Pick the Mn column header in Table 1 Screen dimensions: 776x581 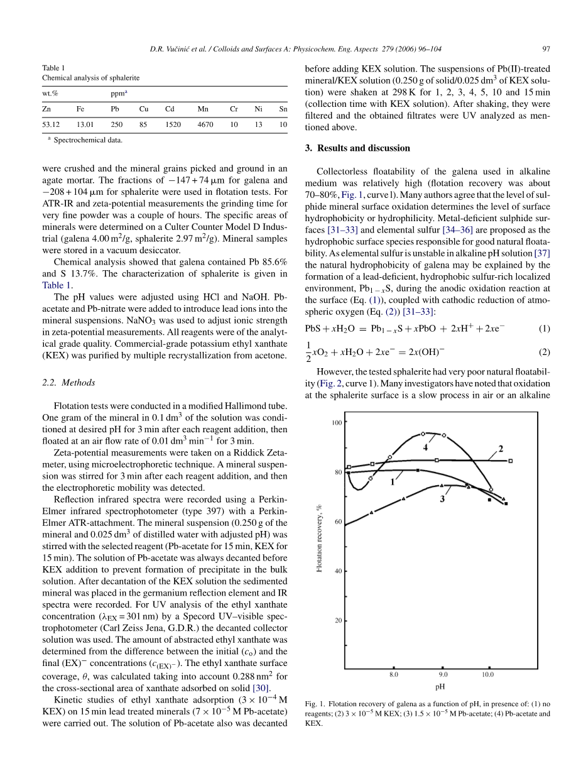(x=203, y=109)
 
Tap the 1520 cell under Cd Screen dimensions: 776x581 (x=173, y=124)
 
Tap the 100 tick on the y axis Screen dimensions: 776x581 (x=337, y=423)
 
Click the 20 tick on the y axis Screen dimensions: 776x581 (x=338, y=621)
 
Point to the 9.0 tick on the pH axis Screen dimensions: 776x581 (x=443, y=675)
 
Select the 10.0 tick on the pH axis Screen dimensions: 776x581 (x=488, y=675)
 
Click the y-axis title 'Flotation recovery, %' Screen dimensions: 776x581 (x=319, y=538)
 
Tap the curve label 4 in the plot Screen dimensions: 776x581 (x=425, y=448)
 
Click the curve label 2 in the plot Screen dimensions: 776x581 (x=501, y=448)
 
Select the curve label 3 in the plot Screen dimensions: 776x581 (x=442, y=499)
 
